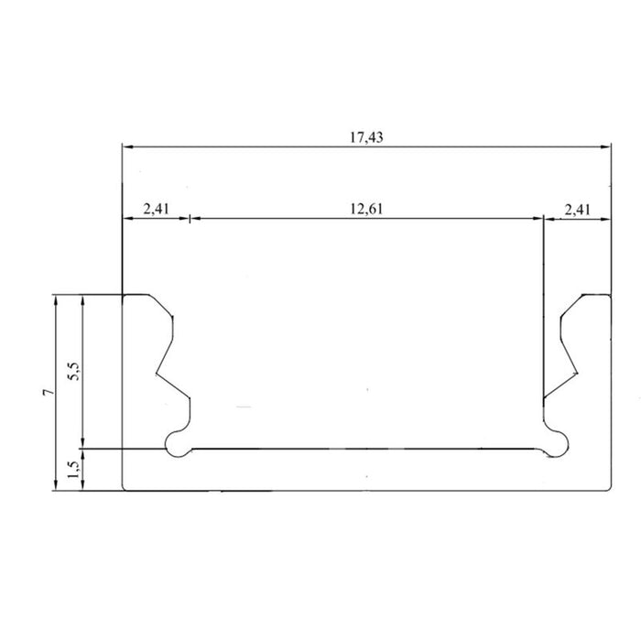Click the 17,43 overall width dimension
tap(366, 137)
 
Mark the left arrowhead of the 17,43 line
tap(126, 146)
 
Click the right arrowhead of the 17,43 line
tap(606, 146)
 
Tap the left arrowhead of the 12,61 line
tap(194, 219)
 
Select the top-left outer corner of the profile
tap(124, 295)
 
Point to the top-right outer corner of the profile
tap(610, 295)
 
